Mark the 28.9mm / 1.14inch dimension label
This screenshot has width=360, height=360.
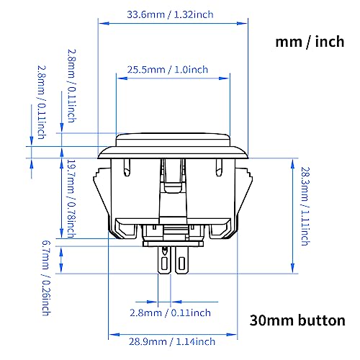tap(172, 341)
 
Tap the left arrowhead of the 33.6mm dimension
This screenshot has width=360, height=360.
tap(100, 23)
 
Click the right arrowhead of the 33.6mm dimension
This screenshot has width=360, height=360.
tap(246, 23)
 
